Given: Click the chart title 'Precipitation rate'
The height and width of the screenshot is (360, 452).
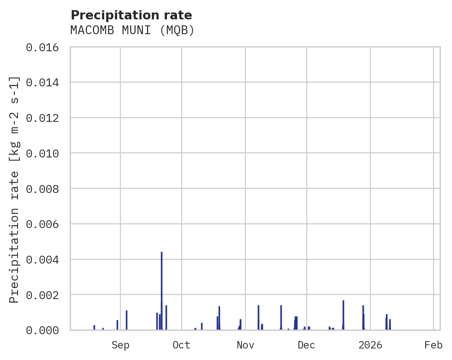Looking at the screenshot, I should tap(131, 15).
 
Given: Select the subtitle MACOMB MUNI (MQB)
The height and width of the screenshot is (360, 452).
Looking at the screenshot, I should tap(132, 30).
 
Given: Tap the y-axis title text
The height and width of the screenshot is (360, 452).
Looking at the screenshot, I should tap(14, 189).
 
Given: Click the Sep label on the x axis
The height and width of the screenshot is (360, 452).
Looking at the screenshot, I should tap(120, 345).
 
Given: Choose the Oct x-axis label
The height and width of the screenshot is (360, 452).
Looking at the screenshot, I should tap(181, 345).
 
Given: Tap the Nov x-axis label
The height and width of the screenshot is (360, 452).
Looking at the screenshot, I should tap(245, 345).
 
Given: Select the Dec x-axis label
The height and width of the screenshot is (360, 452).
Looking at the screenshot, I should tap(306, 345).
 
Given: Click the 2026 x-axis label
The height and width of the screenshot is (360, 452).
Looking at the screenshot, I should tap(370, 345).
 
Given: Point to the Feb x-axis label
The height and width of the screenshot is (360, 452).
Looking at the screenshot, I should tap(434, 345).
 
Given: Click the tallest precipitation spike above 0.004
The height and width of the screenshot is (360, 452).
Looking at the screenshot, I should tap(161, 277).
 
